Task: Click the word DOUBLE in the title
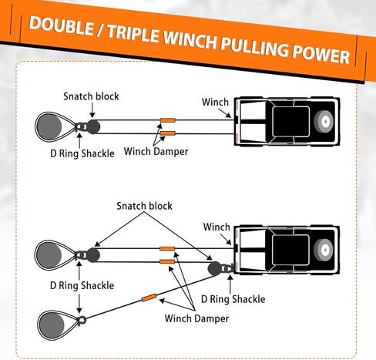[x=66, y=24]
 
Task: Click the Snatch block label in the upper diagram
[x=91, y=96]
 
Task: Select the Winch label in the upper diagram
[x=215, y=102]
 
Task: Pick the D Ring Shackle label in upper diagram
[x=76, y=153]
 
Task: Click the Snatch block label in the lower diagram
[x=144, y=206]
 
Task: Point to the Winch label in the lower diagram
[x=216, y=227]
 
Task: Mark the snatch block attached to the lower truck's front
[x=214, y=268]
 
